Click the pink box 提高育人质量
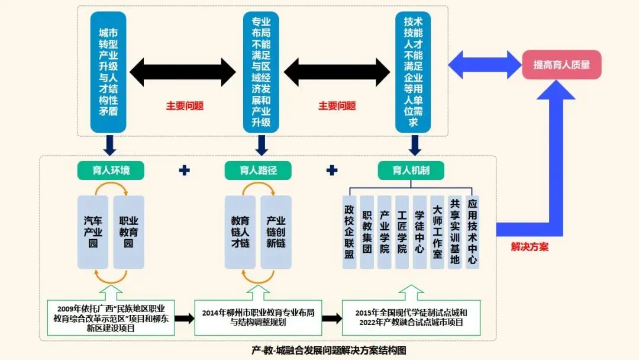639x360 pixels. tap(561, 65)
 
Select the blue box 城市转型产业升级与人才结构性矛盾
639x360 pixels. tap(108, 72)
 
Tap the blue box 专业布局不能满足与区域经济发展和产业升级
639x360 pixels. tap(261, 72)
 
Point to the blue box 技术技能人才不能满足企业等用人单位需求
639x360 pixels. tap(413, 72)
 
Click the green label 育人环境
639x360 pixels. tap(111, 171)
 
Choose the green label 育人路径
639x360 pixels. tap(259, 171)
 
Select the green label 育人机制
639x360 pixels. tap(411, 171)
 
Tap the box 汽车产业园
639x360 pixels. tap(93, 232)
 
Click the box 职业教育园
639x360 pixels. tap(128, 232)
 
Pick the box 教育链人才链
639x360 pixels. tap(240, 232)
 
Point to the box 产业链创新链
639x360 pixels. tap(276, 232)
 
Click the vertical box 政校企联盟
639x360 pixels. tap(350, 232)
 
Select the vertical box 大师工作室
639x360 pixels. tap(437, 232)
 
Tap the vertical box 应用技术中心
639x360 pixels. tap(472, 232)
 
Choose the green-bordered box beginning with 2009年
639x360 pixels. tap(111, 317)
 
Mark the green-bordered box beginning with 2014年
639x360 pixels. tap(258, 317)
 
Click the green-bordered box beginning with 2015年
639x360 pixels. tap(411, 317)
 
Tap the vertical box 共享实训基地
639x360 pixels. tap(454, 232)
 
